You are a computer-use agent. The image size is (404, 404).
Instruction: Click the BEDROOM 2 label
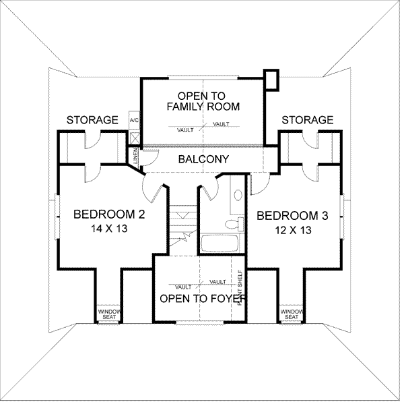pyautogui.click(x=109, y=215)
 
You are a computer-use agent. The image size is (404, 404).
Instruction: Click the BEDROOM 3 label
pyautogui.click(x=293, y=216)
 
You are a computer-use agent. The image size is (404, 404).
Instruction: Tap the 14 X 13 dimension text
pyautogui.click(x=109, y=229)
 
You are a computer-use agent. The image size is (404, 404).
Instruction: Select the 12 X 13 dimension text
pyautogui.click(x=293, y=230)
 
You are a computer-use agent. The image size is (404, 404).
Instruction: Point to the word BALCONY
pyautogui.click(x=203, y=160)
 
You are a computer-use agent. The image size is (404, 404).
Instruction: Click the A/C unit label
pyautogui.click(x=133, y=120)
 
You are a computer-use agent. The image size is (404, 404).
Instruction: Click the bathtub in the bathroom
pyautogui.click(x=220, y=243)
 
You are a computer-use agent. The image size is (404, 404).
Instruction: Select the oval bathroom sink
pyautogui.click(x=238, y=196)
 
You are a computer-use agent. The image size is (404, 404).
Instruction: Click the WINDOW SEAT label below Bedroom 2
pyautogui.click(x=108, y=314)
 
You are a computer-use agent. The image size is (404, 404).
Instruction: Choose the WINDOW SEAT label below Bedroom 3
pyautogui.click(x=291, y=314)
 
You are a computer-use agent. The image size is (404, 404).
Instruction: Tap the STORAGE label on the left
pyautogui.click(x=92, y=120)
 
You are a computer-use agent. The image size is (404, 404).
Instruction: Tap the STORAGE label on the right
pyautogui.click(x=307, y=120)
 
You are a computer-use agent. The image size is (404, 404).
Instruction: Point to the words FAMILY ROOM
pyautogui.click(x=203, y=107)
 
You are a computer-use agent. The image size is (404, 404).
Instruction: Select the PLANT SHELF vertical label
pyautogui.click(x=240, y=287)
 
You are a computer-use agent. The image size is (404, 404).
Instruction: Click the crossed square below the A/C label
pyautogui.click(x=134, y=137)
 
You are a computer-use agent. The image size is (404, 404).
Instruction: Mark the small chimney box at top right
pyautogui.click(x=271, y=79)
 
